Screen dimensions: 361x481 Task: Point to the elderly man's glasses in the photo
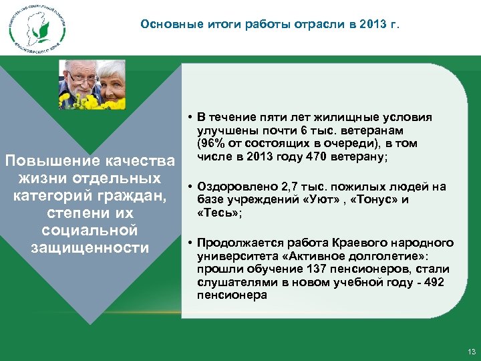(x=80, y=78)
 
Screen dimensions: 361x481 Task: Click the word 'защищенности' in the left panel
(x=90, y=248)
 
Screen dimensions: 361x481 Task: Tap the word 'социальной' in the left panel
(x=90, y=231)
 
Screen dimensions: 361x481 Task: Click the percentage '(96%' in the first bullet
(x=210, y=144)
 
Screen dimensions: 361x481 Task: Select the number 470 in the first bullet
(x=316, y=157)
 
